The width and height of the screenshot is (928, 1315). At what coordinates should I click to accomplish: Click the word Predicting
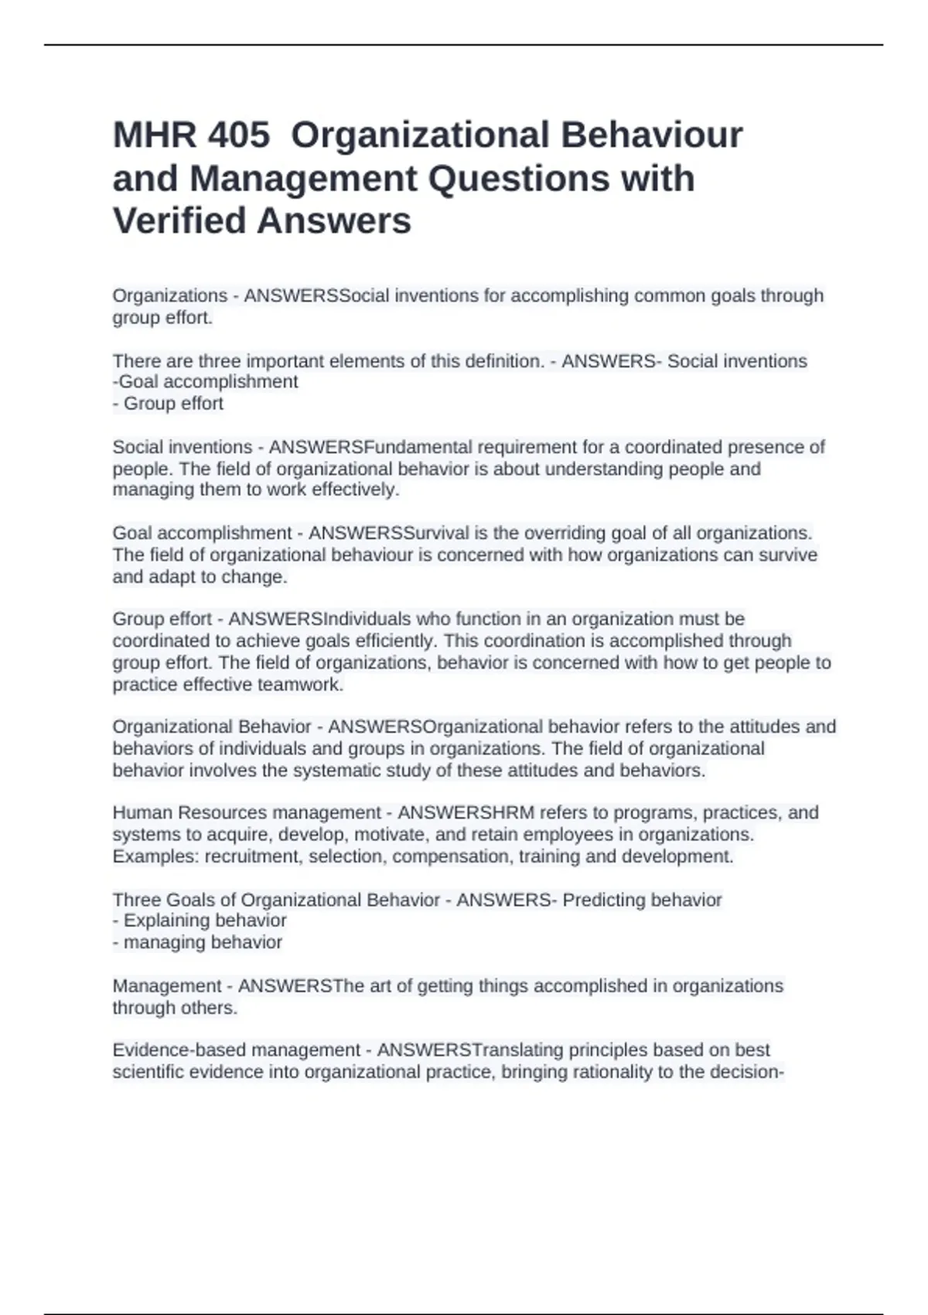pos(603,900)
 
